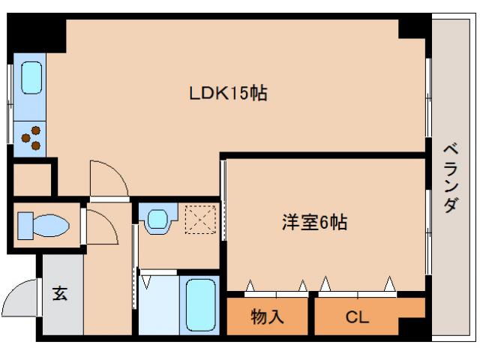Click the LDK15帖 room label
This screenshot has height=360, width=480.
coord(228,94)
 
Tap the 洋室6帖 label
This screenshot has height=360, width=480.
coord(314,223)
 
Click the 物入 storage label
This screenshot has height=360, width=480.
coord(267,316)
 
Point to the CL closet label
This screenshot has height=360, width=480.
coord(357,316)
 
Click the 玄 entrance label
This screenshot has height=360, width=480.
coord(60,293)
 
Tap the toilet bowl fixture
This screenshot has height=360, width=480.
coord(43,224)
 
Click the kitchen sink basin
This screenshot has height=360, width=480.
coord(31,76)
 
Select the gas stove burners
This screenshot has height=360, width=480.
coord(31,137)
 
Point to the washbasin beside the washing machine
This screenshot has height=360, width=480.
coord(157,219)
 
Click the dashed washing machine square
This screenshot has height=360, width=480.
coord(199,219)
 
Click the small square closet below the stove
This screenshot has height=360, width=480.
coord(32,178)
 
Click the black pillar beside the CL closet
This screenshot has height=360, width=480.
coord(412,328)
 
